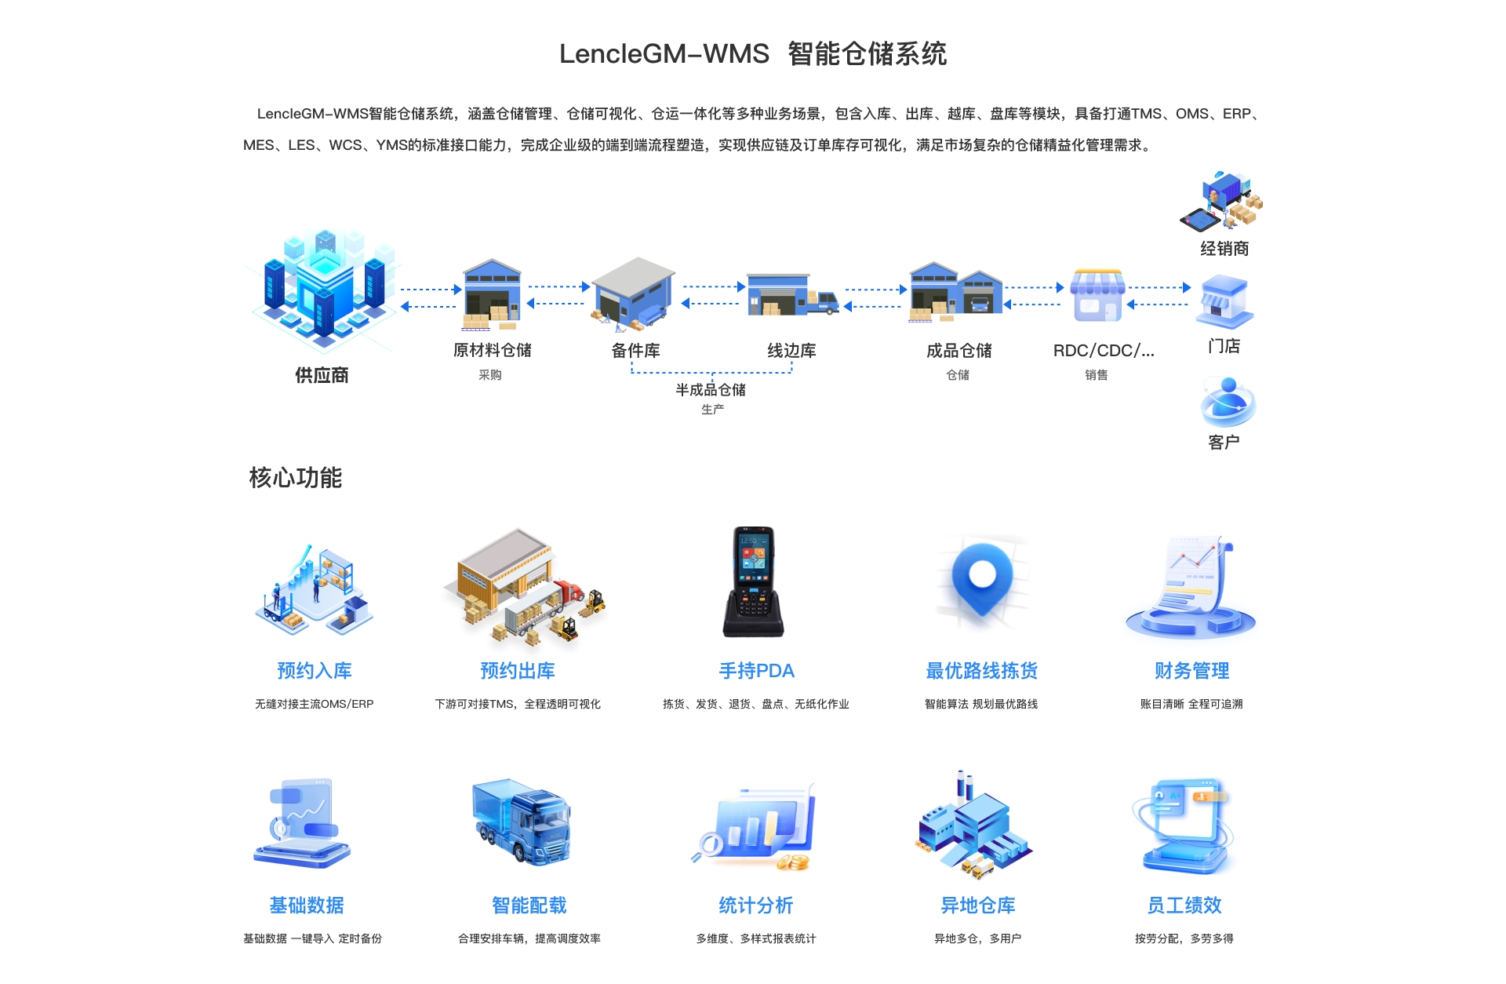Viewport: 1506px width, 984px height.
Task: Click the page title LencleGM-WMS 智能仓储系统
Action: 753,53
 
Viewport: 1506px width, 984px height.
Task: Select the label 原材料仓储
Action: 493,350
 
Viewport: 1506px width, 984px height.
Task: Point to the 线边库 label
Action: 791,350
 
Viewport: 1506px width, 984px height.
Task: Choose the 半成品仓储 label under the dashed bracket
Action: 711,389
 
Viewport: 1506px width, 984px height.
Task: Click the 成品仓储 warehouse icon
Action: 956,292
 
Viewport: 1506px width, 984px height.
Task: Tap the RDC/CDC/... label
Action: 1104,350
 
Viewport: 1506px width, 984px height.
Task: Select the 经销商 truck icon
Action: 1222,201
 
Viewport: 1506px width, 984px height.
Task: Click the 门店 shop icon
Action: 1224,301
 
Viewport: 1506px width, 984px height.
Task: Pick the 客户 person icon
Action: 1228,401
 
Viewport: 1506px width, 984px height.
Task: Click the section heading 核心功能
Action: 296,477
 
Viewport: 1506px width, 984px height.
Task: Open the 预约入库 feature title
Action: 315,670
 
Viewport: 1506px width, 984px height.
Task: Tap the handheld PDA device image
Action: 753,581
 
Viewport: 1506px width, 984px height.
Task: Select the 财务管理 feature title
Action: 1192,670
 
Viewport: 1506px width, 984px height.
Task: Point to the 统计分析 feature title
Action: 756,905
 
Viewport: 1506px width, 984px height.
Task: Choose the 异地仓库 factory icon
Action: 973,825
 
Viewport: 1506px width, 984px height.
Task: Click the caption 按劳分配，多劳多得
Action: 1184,938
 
